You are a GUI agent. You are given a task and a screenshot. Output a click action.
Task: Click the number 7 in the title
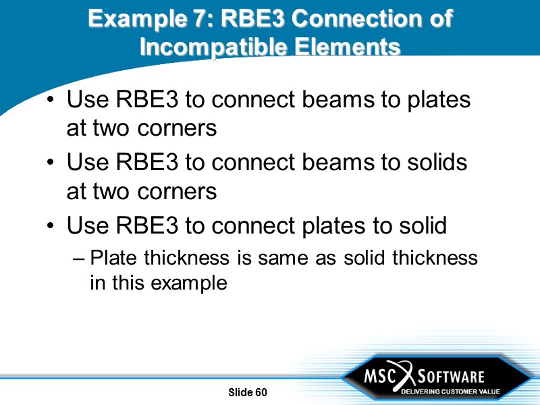(195, 18)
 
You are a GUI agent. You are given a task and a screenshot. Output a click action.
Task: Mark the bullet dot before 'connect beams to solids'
(52, 164)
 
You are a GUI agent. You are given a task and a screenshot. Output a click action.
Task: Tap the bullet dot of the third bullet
(52, 227)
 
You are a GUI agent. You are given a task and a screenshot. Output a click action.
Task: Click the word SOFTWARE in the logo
(453, 376)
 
